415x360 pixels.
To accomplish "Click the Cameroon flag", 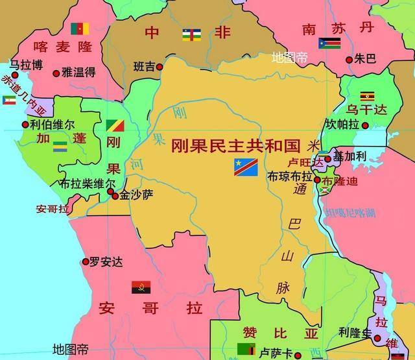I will [x=80, y=29].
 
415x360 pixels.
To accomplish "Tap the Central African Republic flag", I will [x=191, y=33].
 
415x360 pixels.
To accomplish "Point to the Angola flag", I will [x=141, y=287].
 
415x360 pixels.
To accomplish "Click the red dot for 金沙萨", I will [x=115, y=195].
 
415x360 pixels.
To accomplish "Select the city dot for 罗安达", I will [x=86, y=262].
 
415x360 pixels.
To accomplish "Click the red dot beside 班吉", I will [x=160, y=66].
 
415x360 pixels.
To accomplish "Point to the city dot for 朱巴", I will [x=350, y=60].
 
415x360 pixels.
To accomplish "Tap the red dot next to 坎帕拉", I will [x=366, y=125].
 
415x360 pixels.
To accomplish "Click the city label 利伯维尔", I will [x=53, y=123].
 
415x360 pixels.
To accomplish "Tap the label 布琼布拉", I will [x=290, y=176].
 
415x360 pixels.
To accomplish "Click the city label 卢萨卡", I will [x=276, y=352].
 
